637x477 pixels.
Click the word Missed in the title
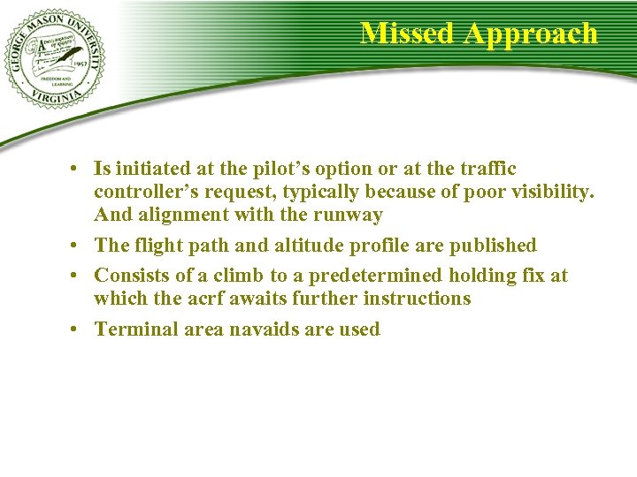pyautogui.click(x=408, y=34)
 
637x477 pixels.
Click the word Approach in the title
pyautogui.click(x=531, y=34)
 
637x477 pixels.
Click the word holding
pyautogui.click(x=484, y=276)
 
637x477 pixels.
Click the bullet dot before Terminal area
pyautogui.click(x=79, y=329)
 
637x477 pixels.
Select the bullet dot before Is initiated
pyautogui.click(x=79, y=169)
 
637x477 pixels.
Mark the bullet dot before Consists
pyautogui.click(x=79, y=276)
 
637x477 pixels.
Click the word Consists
pyautogui.click(x=130, y=276)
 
